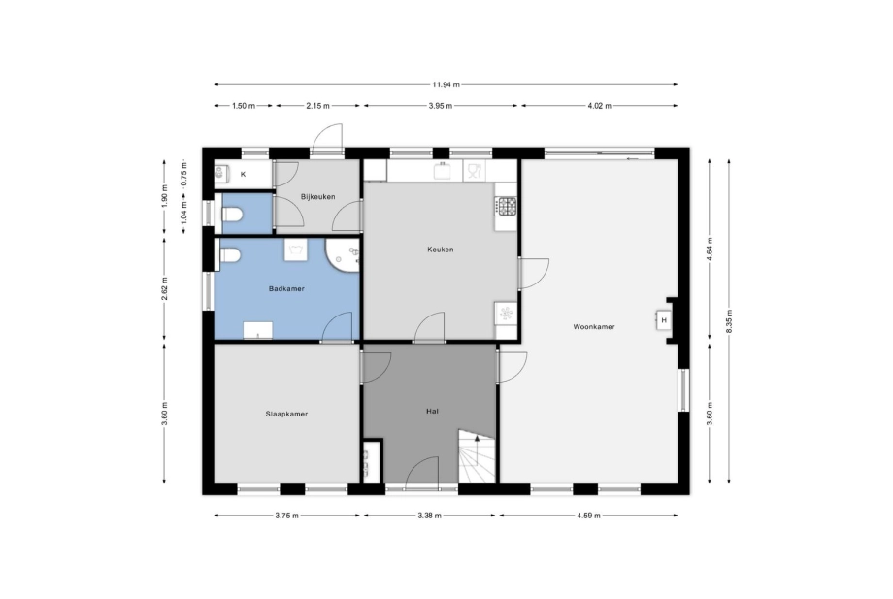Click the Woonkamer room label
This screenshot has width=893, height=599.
(593, 327)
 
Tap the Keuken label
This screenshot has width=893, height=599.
(441, 250)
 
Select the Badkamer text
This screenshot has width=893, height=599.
(286, 288)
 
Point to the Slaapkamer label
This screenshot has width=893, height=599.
(286, 414)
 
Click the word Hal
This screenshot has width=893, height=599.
(432, 411)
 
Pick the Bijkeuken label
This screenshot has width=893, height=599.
(317, 197)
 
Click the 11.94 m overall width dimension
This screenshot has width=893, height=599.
(446, 84)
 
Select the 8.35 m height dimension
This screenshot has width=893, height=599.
(730, 321)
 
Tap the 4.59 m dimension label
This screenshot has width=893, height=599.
(588, 516)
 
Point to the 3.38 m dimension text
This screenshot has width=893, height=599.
(429, 516)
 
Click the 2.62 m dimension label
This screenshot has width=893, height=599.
(165, 287)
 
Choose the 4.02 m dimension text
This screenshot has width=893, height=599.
(599, 106)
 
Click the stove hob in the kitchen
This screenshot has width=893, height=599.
(507, 206)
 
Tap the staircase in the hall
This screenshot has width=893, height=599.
(478, 456)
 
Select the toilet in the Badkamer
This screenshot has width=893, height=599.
(229, 255)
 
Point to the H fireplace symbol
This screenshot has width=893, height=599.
(664, 320)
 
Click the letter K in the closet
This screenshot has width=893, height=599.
(244, 174)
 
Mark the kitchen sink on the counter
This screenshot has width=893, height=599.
(443, 170)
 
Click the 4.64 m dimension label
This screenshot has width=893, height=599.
(710, 249)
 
